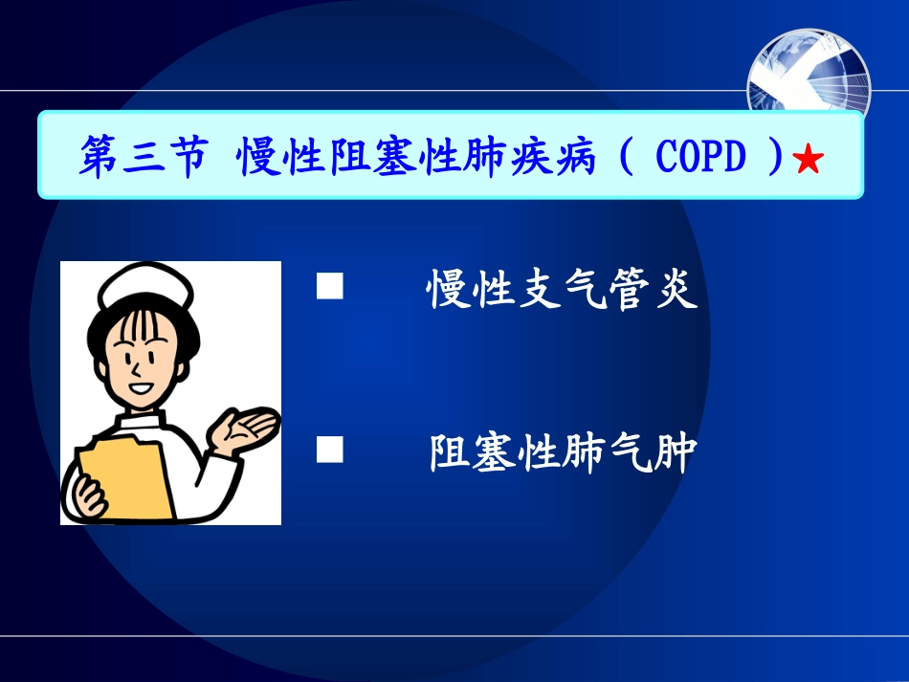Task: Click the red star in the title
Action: tap(809, 160)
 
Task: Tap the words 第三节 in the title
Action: tap(143, 157)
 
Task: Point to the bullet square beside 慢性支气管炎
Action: tap(330, 286)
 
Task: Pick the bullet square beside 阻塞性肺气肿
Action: tap(330, 450)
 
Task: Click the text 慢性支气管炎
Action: tap(562, 289)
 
